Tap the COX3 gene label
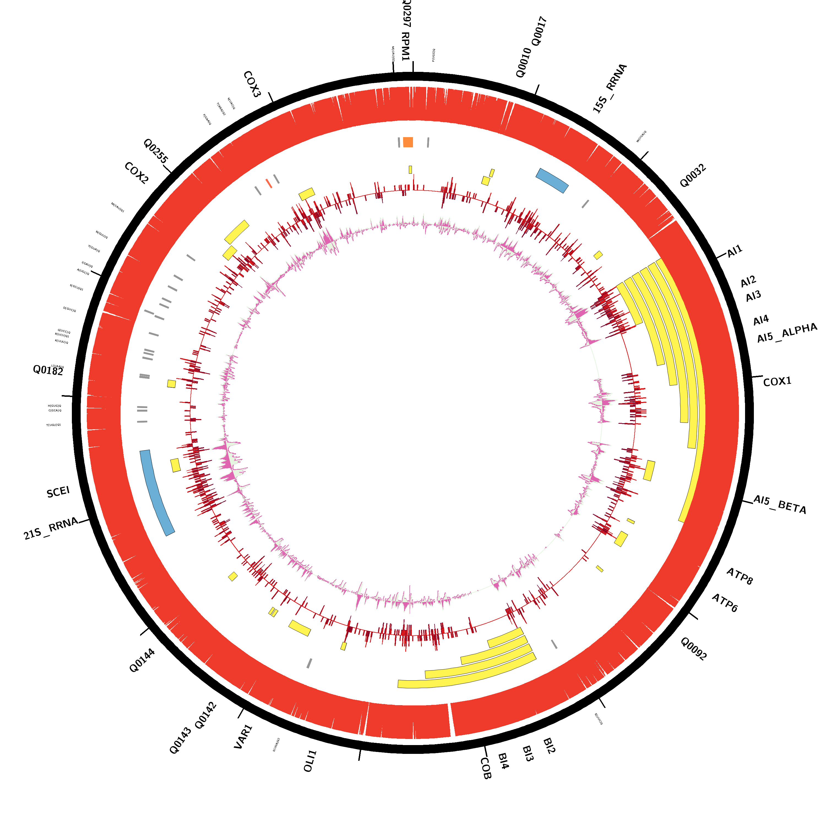point(252,84)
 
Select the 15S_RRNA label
point(609,88)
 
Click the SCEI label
point(58,492)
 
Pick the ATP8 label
point(740,576)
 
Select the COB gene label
point(486,768)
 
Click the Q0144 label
point(142,661)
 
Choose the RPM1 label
point(405,46)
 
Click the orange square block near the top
point(408,142)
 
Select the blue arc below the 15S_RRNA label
point(552,180)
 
